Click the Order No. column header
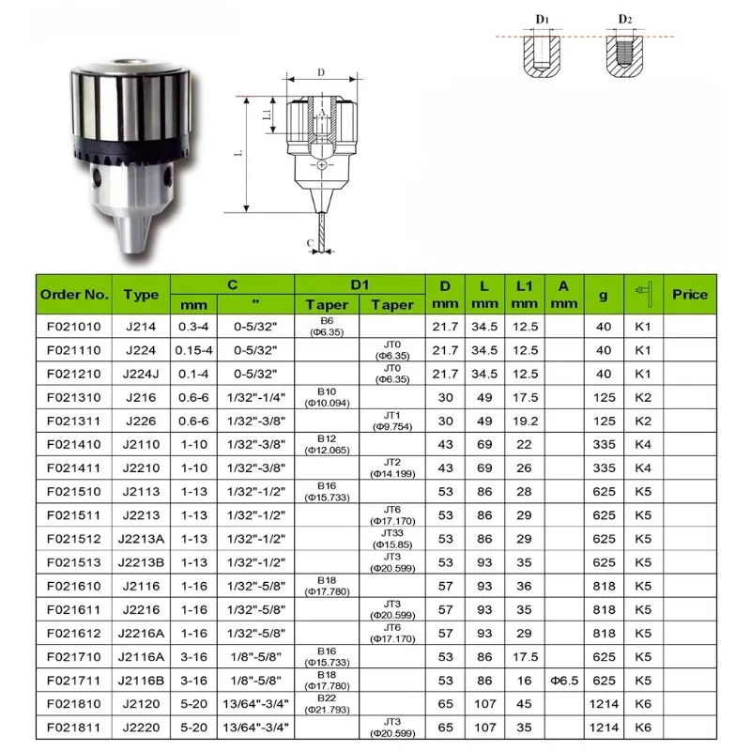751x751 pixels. point(74,294)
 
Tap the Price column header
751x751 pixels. point(690,294)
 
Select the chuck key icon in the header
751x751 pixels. point(643,294)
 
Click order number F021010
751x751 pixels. point(74,327)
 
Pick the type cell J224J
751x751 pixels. point(141,374)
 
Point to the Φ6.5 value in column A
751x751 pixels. point(564,680)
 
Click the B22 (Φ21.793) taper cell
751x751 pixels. point(327,703)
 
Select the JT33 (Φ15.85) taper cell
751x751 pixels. point(392,538)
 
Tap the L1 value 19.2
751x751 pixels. point(525,421)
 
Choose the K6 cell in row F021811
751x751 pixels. point(643,728)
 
